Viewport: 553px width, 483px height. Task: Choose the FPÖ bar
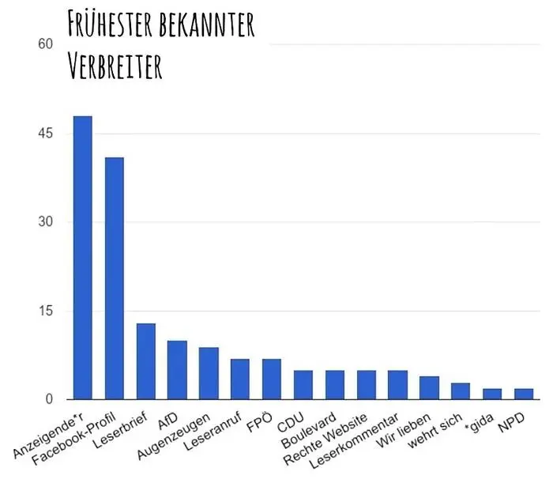[272, 379]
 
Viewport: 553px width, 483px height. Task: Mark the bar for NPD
[524, 394]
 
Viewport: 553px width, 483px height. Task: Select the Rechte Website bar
[366, 384]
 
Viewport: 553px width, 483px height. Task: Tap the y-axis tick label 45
[46, 134]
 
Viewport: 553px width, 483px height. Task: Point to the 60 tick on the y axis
[46, 45]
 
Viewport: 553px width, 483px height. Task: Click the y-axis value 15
[46, 311]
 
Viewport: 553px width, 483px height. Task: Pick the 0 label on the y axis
[49, 399]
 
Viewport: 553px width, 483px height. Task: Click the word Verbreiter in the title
[115, 66]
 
